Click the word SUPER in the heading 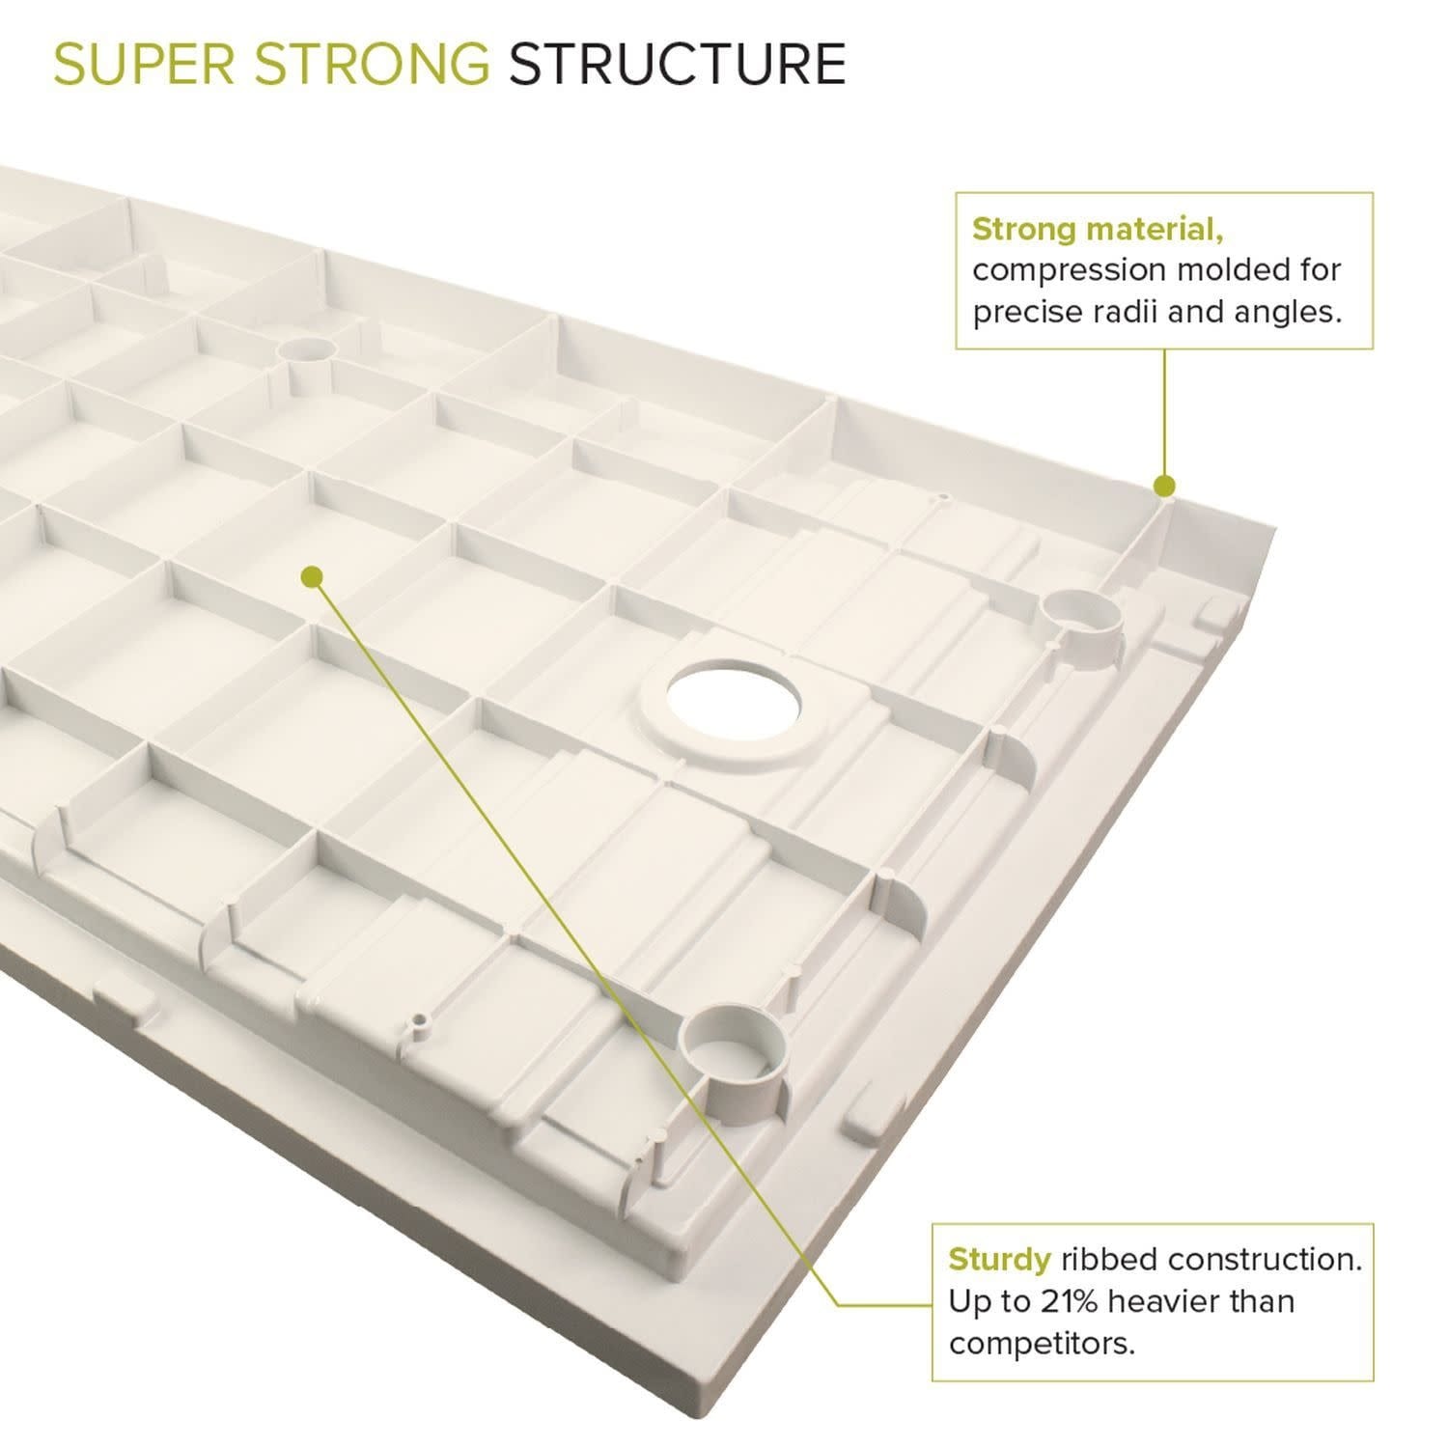pos(144,64)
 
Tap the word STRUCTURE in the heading pos(678,64)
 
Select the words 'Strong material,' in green pos(1098,230)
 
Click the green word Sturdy pos(999,1260)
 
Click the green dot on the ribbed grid pos(311,576)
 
